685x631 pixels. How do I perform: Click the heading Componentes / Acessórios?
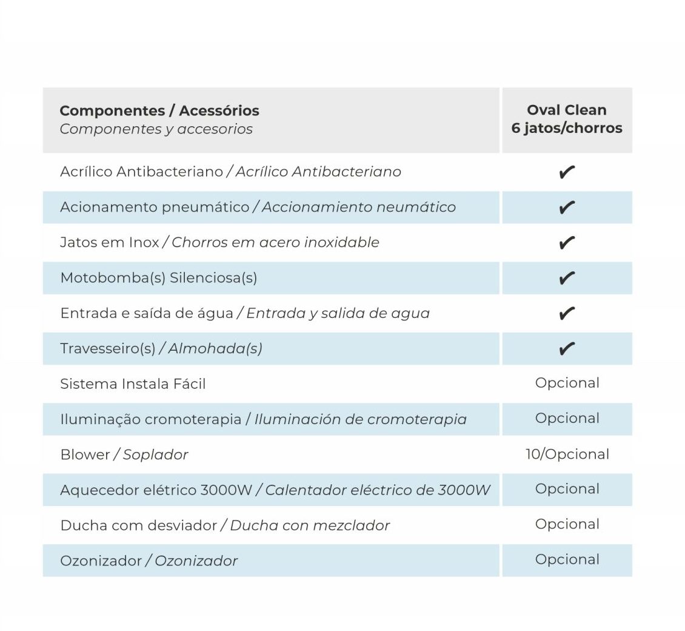pos(159,110)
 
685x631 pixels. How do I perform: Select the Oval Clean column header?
pos(567,110)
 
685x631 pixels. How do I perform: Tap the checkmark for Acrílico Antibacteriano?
pos(567,172)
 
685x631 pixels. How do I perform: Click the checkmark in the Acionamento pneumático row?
pos(567,208)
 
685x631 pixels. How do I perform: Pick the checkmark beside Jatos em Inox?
pos(567,243)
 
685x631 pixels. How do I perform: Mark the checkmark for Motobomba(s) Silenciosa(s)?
pos(567,278)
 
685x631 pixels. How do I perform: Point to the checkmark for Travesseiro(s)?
pos(567,349)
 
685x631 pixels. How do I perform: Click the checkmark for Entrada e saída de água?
pos(567,313)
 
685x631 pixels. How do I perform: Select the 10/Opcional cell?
pos(567,454)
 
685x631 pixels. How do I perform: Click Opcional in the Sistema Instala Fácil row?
pos(567,383)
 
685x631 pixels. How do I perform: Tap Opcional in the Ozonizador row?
pos(567,559)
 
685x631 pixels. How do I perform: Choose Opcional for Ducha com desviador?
pos(567,524)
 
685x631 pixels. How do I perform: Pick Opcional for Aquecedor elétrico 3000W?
pos(567,489)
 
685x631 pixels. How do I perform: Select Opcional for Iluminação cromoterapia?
pos(567,418)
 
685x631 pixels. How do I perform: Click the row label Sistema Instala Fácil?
pos(133,384)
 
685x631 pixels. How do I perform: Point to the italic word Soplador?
pos(155,454)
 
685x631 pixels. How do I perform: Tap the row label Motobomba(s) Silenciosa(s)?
pos(158,278)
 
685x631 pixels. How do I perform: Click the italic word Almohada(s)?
pos(215,349)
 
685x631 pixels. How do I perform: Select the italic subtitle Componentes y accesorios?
pos(156,129)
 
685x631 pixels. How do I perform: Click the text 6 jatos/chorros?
pos(567,128)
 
